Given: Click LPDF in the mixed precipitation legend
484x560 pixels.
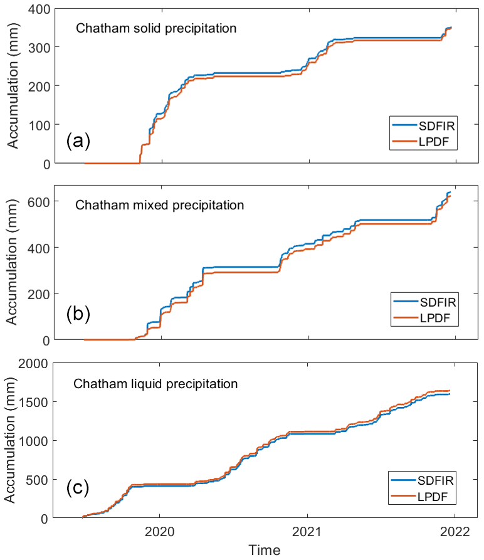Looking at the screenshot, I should pos(432,320).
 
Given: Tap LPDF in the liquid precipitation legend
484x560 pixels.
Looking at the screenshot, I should pos(432,499).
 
